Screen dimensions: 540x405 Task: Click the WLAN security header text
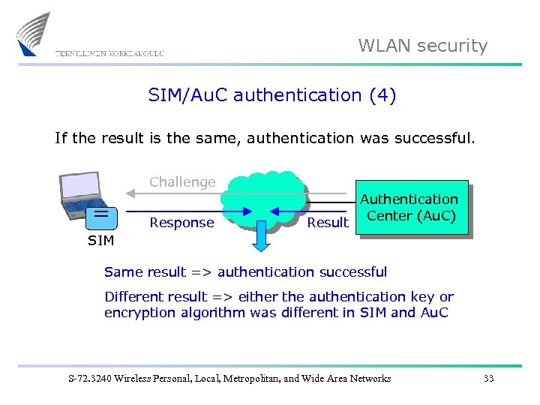tap(422, 46)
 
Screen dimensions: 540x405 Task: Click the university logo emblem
tap(34, 34)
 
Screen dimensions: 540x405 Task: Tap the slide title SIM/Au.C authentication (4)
tap(272, 95)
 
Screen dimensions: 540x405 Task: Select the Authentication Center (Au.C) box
tap(412, 208)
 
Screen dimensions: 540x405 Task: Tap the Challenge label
tap(182, 181)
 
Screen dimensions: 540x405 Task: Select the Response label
tap(181, 223)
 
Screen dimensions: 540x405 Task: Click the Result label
tap(328, 222)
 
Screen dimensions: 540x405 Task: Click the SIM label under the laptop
tap(101, 241)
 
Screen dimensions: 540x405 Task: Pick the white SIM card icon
tap(99, 217)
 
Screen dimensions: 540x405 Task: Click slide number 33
tap(488, 379)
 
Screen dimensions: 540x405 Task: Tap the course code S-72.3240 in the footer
tap(88, 379)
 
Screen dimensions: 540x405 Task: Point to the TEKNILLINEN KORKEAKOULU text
tap(109, 53)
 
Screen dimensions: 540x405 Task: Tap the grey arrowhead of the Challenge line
tap(130, 193)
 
